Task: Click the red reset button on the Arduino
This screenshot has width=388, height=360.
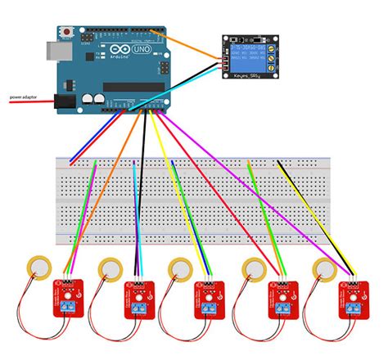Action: click(66, 31)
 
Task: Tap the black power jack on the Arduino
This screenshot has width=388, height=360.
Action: click(65, 101)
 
